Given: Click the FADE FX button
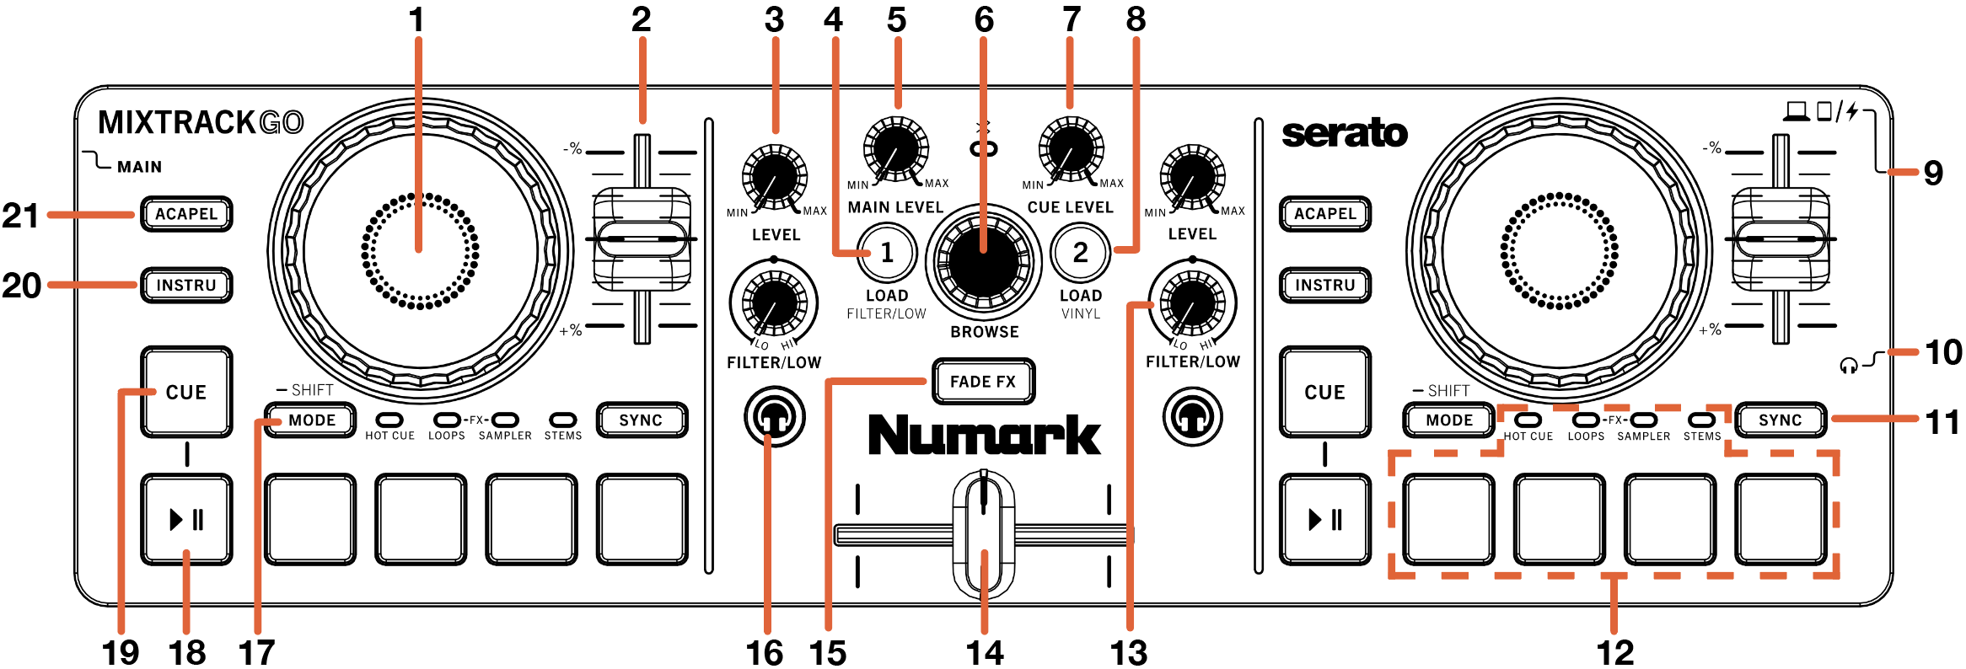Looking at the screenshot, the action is point(983,382).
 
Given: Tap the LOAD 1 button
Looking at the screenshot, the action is point(887,253).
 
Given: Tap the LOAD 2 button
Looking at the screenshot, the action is point(1081,253).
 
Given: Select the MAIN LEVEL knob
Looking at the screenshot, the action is point(895,150).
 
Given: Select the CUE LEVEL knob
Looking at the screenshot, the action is point(1071,150).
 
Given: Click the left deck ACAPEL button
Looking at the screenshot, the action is point(186,214).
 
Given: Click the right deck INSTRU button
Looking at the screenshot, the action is point(1325,285).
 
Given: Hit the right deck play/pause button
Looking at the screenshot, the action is point(1325,519).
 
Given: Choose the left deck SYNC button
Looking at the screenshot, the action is point(642,420).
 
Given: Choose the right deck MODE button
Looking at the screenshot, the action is point(1449,420).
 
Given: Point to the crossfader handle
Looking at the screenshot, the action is point(983,533).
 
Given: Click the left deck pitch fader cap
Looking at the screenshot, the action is point(642,239).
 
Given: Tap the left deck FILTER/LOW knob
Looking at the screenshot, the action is point(774,302).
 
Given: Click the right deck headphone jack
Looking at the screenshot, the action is point(1193,416).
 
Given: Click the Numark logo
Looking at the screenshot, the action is point(984,435).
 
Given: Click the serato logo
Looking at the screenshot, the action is point(1345,133).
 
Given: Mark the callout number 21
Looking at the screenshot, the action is point(21,216).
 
